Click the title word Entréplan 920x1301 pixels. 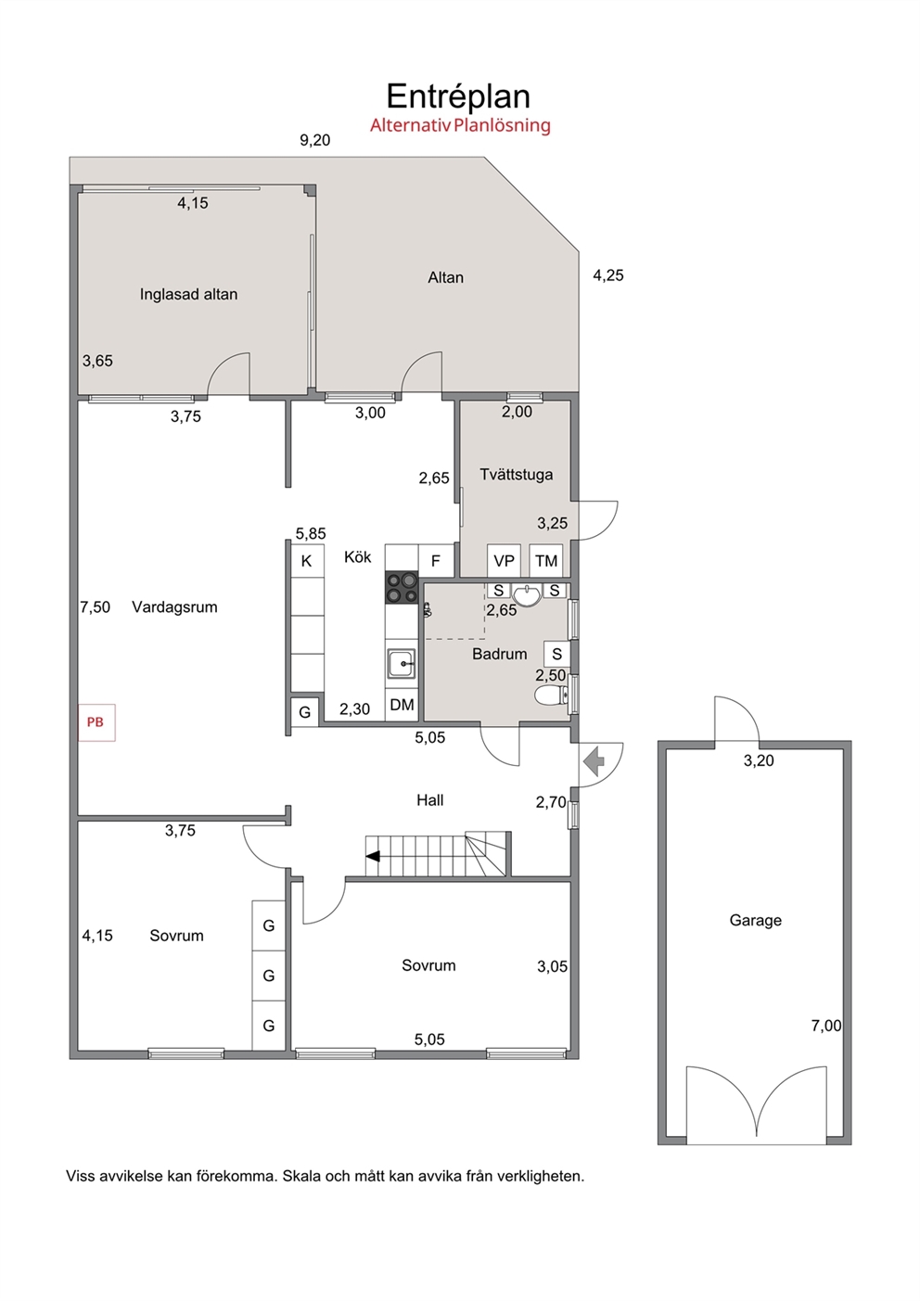pyautogui.click(x=458, y=96)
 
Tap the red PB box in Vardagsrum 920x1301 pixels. pyautogui.click(x=96, y=722)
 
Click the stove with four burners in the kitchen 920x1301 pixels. pyautogui.click(x=402, y=587)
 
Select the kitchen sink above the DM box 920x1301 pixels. pyautogui.click(x=402, y=663)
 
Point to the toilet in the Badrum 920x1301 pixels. pyautogui.click(x=552, y=695)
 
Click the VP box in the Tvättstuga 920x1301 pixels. pyautogui.click(x=504, y=560)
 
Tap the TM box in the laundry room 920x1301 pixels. pyautogui.click(x=546, y=560)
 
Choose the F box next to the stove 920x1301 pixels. pyautogui.click(x=436, y=560)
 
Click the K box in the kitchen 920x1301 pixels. pyautogui.click(x=307, y=560)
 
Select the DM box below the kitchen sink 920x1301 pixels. pyautogui.click(x=402, y=705)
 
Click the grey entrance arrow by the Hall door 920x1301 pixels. pyautogui.click(x=594, y=762)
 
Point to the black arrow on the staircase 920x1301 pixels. pyautogui.click(x=372, y=856)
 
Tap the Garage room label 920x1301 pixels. pyautogui.click(x=755, y=920)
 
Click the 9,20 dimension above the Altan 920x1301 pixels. pyautogui.click(x=314, y=140)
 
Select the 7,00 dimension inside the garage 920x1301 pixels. pyautogui.click(x=826, y=1026)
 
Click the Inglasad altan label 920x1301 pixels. pyautogui.click(x=189, y=295)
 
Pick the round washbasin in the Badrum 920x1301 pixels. pyautogui.click(x=528, y=595)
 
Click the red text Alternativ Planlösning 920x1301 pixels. pyautogui.click(x=460, y=125)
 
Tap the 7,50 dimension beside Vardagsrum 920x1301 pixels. pyautogui.click(x=95, y=607)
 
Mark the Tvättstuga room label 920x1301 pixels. pyautogui.click(x=517, y=475)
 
